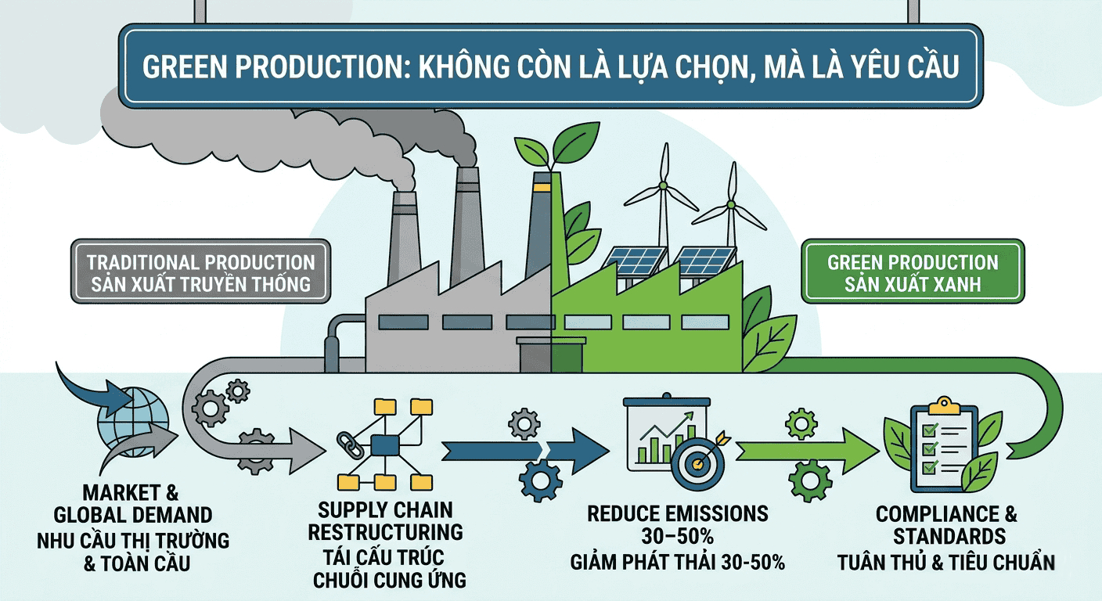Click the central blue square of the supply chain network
coord(384,445)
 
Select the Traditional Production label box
coord(201,272)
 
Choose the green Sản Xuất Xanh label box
coord(913,272)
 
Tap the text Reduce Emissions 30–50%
coord(678,525)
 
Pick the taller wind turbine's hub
coord(663,185)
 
